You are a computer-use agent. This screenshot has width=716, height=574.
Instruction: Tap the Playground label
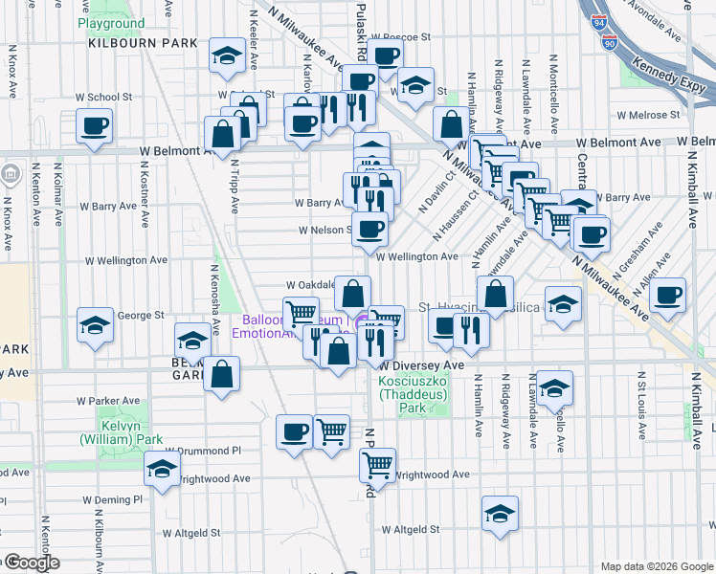[111, 23]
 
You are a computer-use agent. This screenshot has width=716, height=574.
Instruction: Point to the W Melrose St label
[647, 115]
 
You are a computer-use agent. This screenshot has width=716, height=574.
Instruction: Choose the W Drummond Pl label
[203, 451]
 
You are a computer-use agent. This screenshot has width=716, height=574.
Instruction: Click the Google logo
[30, 563]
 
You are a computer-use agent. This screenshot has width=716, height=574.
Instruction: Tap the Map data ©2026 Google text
[656, 566]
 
